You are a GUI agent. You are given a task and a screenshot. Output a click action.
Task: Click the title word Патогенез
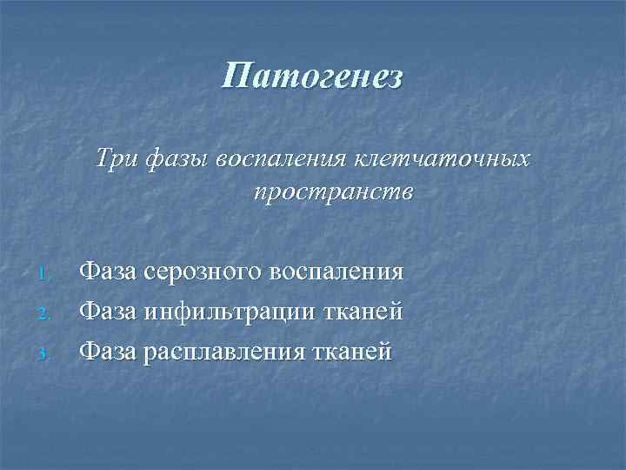pos(312,76)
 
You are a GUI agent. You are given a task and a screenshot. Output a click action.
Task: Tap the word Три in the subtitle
pos(137,159)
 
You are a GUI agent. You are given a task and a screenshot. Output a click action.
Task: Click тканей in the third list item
pos(353,351)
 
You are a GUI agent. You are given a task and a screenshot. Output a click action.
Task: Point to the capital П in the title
pos(235,76)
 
